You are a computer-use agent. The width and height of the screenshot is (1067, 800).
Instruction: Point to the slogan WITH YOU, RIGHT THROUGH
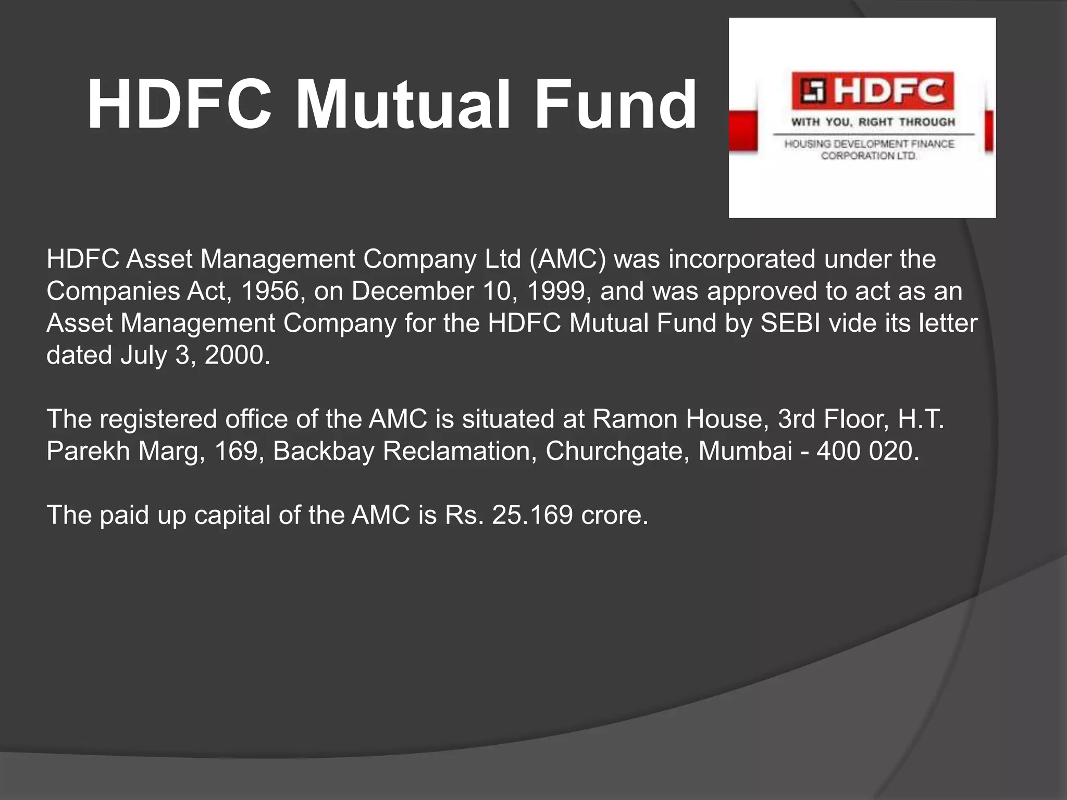873,122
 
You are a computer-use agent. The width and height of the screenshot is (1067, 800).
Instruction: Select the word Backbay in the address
323,451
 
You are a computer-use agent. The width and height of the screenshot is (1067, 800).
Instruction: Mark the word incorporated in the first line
742,259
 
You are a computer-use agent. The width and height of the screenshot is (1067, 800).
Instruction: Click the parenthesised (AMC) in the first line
568,259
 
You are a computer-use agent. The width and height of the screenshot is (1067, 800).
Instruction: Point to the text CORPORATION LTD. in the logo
869,156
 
